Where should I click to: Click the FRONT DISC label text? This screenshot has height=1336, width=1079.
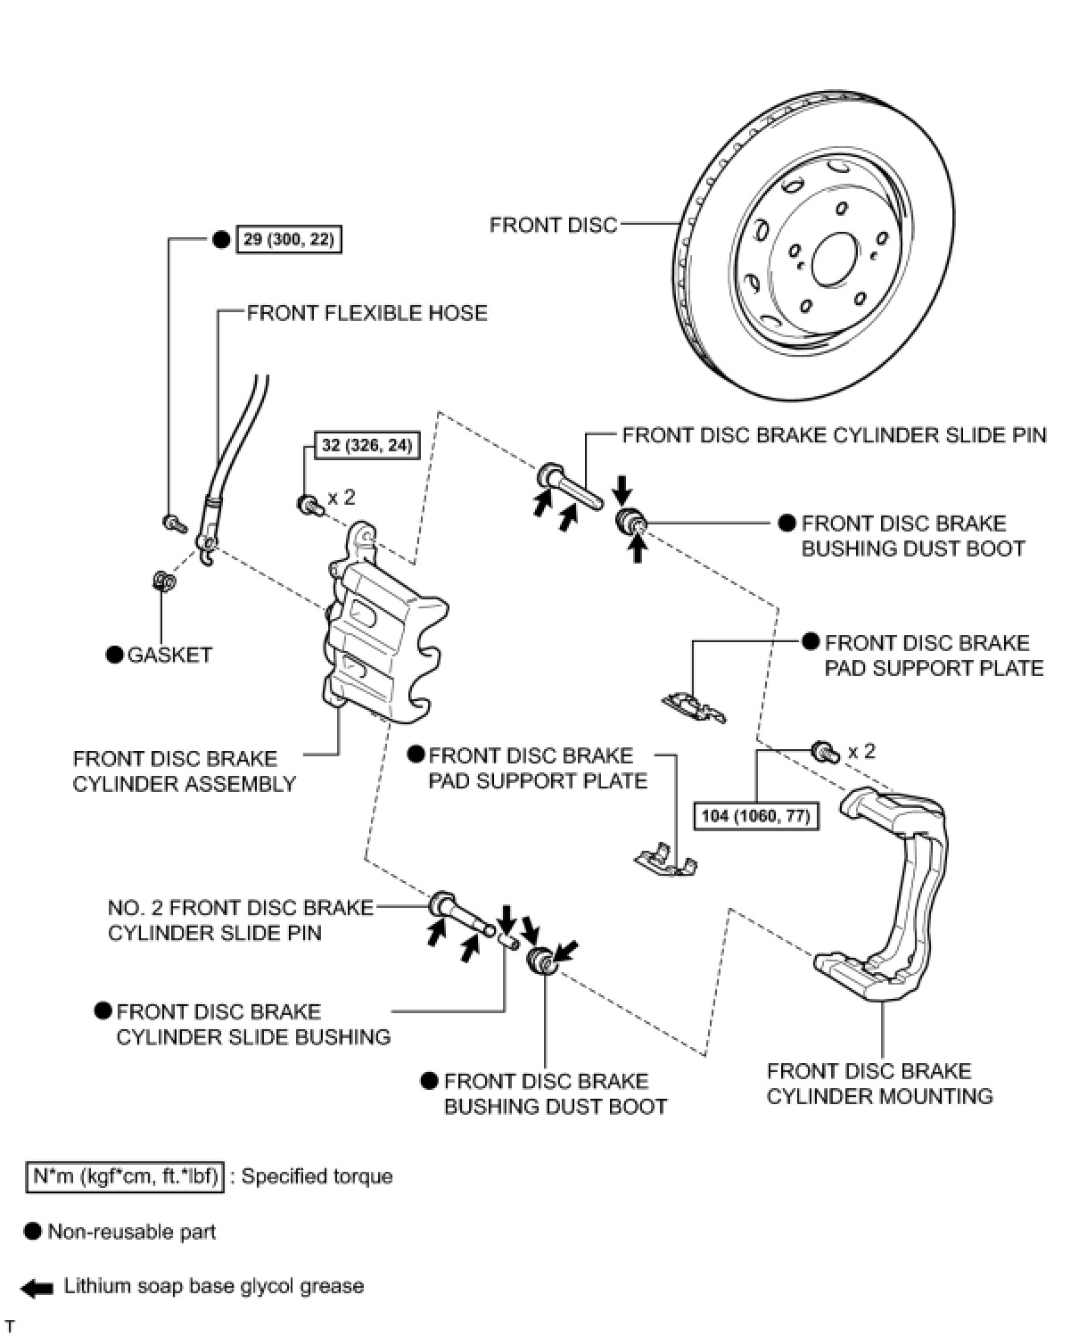coord(553,225)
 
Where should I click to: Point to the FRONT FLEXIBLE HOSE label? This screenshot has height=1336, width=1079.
coord(367,313)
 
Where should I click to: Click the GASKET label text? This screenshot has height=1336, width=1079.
coord(169,655)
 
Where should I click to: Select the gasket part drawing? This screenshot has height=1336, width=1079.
coord(164,581)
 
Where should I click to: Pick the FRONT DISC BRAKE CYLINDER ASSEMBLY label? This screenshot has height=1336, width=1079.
coord(184,771)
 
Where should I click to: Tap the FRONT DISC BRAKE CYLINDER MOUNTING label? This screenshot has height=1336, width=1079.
coord(879,1084)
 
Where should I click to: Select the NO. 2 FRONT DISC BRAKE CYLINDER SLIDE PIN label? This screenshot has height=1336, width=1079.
coord(240,920)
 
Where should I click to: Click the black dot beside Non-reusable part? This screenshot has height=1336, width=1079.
coord(33,1232)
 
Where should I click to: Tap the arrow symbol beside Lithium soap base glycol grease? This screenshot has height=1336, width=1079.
coord(37,1287)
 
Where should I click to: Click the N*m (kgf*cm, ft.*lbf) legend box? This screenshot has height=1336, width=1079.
coord(125,1176)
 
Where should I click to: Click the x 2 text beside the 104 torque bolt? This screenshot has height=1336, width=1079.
coord(861,751)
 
